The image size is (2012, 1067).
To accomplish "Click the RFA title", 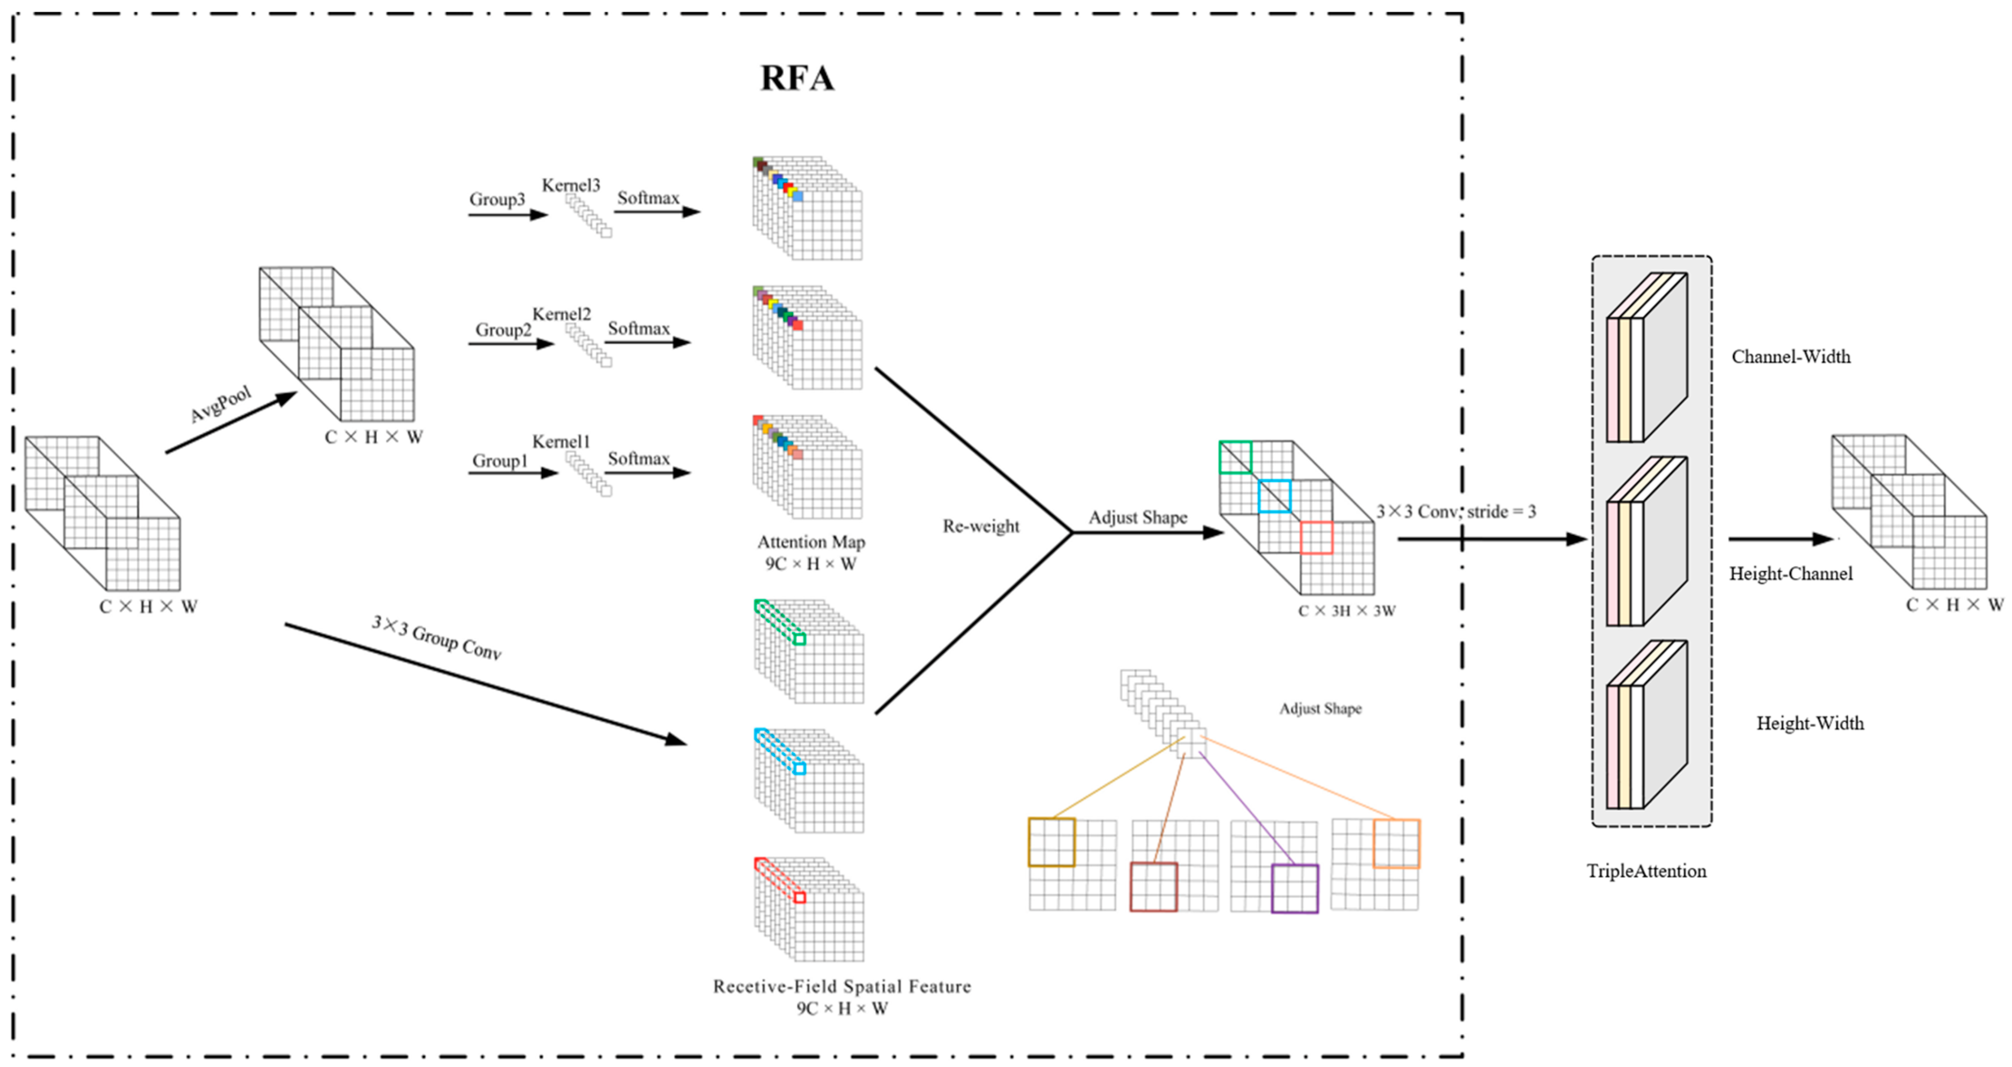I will click(x=797, y=78).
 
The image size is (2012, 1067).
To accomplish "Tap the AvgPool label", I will click(x=221, y=404).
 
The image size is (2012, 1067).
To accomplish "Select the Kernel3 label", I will click(x=571, y=185).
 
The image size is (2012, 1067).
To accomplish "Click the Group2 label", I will click(x=503, y=330).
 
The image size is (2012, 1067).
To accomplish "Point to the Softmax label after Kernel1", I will click(x=639, y=458).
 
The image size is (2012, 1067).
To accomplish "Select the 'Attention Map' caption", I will click(x=811, y=542).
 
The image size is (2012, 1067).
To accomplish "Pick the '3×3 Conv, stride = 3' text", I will click(x=1456, y=512).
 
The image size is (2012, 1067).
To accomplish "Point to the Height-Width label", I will click(x=1809, y=723).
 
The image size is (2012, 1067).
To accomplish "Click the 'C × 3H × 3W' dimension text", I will click(x=1346, y=611).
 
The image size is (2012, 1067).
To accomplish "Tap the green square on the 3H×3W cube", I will click(x=1235, y=457).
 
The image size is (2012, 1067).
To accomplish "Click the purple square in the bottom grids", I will click(x=1294, y=888).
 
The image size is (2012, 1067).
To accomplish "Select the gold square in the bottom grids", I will click(x=1051, y=842).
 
